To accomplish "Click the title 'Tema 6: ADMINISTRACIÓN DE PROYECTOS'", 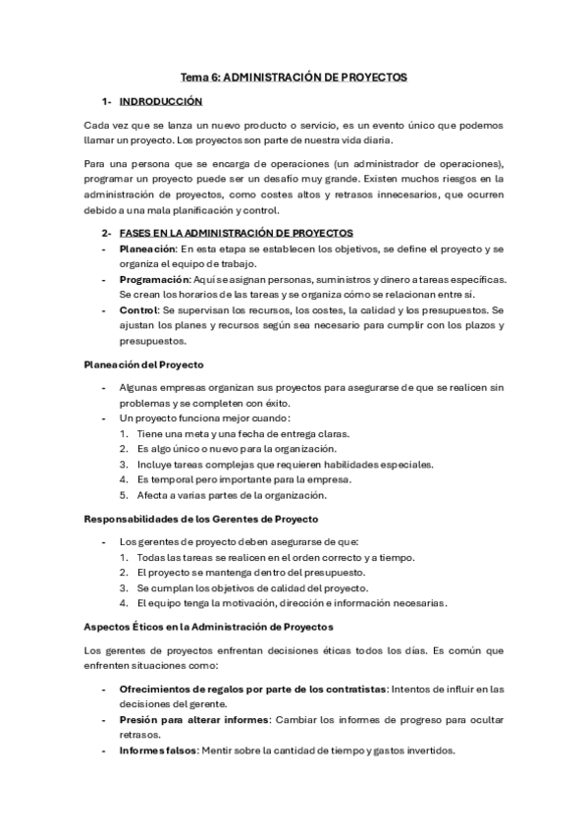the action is (x=294, y=76).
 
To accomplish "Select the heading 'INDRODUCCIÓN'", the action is (x=160, y=101).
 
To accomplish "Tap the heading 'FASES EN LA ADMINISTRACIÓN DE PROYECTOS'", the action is (x=236, y=233).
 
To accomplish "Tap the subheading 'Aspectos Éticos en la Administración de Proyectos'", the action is (x=209, y=626).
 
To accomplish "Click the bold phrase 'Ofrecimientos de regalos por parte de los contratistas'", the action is (x=250, y=688).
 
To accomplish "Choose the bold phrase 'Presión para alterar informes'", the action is (x=189, y=719).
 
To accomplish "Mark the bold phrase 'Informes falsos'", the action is (x=157, y=750).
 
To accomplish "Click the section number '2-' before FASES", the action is (x=105, y=233).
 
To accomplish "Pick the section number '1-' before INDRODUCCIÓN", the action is (x=105, y=101).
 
